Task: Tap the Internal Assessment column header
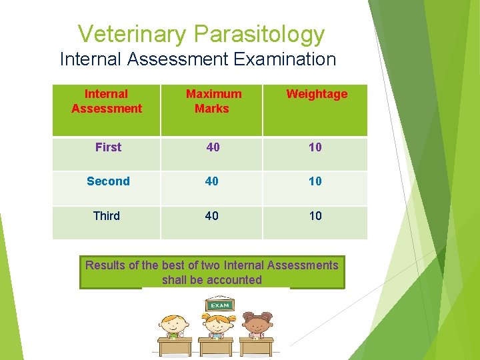click(x=107, y=101)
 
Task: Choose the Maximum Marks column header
click(x=213, y=101)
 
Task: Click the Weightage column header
click(x=317, y=94)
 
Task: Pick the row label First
click(x=108, y=147)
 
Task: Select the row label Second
click(x=108, y=181)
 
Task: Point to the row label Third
click(x=107, y=216)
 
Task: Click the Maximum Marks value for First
click(x=213, y=147)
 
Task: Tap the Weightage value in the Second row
click(x=315, y=181)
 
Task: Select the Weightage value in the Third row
click(x=315, y=216)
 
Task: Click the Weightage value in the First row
click(x=315, y=147)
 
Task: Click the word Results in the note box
click(x=105, y=265)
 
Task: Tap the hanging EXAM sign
click(x=219, y=305)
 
